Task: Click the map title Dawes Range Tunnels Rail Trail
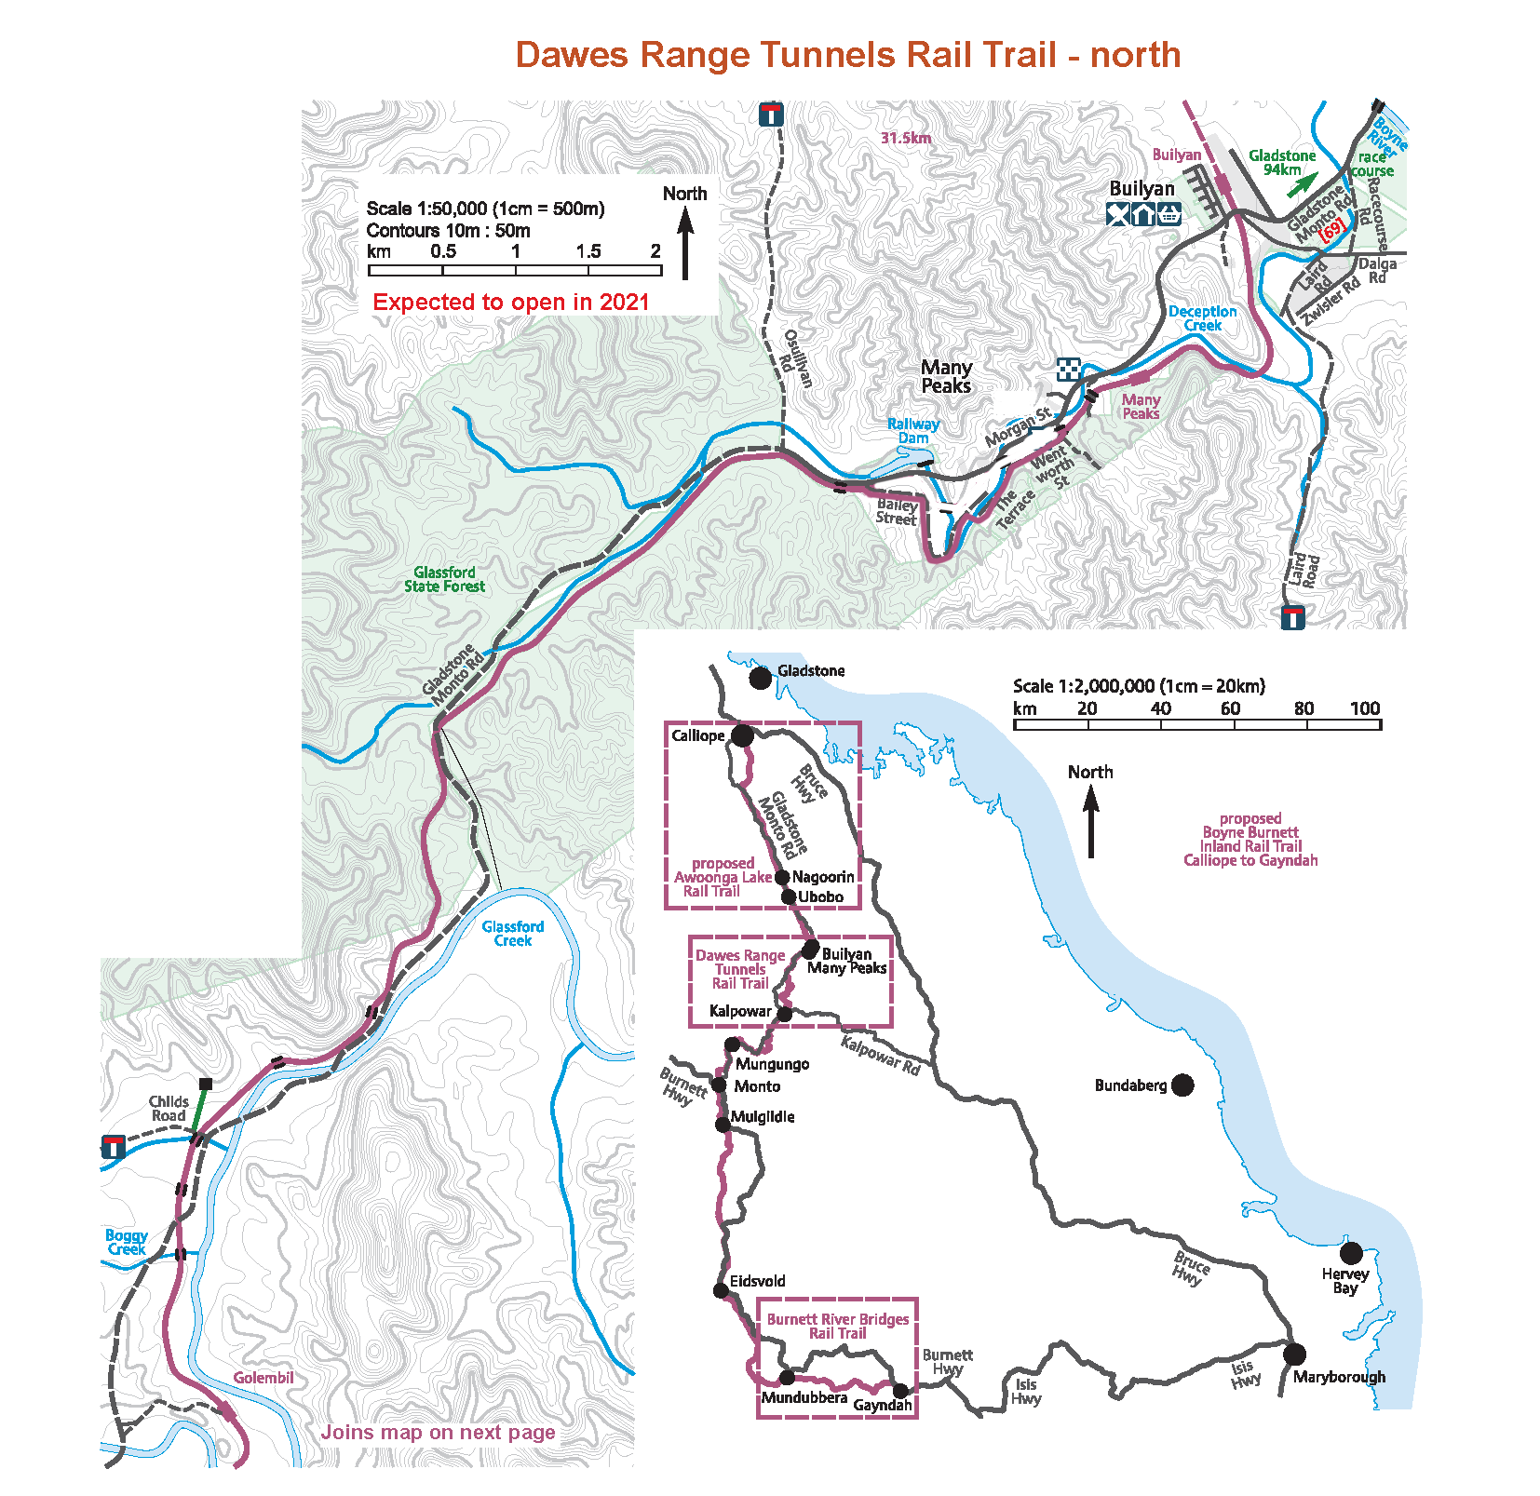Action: (847, 55)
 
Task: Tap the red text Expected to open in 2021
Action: (510, 303)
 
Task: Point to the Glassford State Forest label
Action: (444, 579)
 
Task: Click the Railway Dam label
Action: (912, 431)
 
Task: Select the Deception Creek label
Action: (1202, 318)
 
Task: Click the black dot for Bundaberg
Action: (1182, 1085)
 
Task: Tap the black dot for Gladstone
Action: (761, 677)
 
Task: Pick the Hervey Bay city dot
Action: (1351, 1252)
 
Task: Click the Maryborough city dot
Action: (1294, 1354)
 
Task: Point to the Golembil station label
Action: (263, 1378)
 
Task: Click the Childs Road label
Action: (169, 1109)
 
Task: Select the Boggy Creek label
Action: (126, 1242)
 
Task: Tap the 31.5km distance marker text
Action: (906, 138)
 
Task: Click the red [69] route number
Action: (1332, 227)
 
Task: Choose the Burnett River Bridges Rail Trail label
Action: (838, 1326)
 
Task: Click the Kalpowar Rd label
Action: (880, 1056)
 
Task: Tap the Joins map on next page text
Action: (438, 1432)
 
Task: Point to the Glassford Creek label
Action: (512, 933)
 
